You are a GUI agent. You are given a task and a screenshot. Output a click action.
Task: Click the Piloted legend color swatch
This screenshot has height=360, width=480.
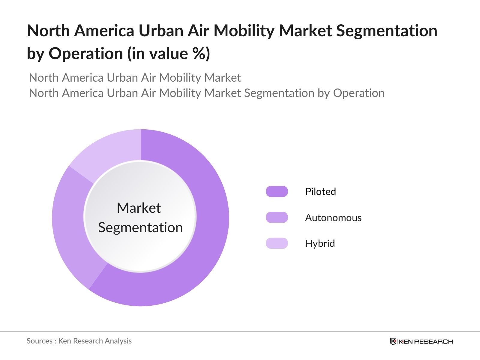click(x=277, y=191)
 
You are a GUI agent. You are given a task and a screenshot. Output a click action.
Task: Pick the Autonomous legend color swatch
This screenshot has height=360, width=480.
click(x=277, y=217)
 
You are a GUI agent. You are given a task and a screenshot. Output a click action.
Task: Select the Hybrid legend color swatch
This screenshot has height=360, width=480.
click(x=277, y=243)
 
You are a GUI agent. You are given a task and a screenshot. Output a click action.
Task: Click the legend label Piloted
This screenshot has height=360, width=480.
click(x=320, y=191)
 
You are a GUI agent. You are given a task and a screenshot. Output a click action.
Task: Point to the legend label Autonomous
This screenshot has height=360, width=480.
click(x=333, y=217)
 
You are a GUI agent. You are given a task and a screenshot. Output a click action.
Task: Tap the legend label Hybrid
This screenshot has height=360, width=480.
click(x=320, y=243)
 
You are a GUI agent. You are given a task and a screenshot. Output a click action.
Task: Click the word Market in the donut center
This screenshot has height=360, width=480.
click(x=139, y=208)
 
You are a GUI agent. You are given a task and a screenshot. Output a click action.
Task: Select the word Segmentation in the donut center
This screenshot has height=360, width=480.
click(x=140, y=227)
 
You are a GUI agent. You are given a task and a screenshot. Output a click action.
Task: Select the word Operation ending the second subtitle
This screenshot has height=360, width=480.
click(x=358, y=93)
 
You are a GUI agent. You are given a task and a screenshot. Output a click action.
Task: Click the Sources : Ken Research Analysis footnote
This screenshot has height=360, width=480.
click(x=79, y=341)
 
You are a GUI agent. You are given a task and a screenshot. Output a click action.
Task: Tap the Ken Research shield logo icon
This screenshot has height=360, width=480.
click(x=393, y=341)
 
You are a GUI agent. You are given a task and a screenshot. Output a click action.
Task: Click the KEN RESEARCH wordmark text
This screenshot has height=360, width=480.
click(x=426, y=341)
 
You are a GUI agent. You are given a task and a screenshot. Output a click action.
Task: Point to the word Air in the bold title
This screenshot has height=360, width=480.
click(x=199, y=31)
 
